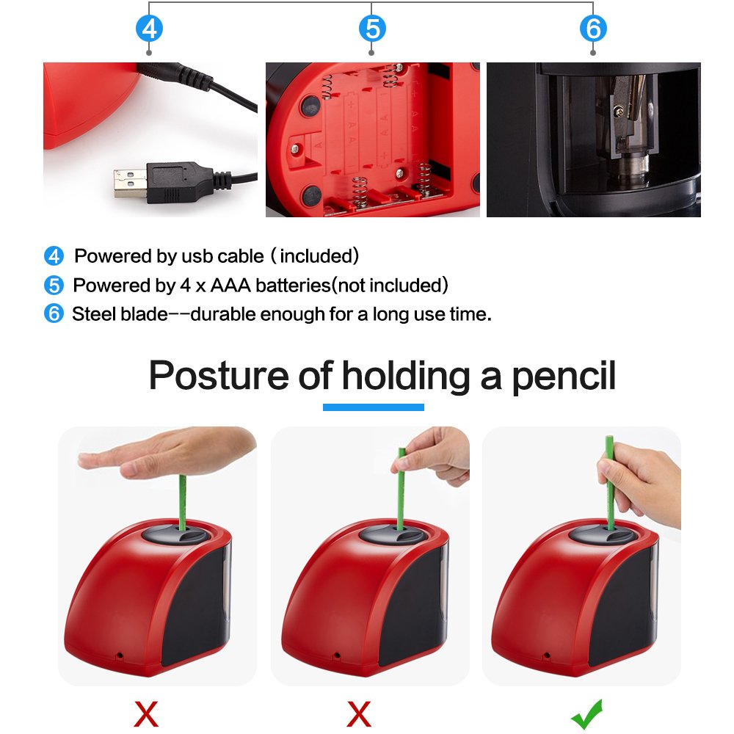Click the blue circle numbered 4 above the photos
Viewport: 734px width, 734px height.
pyautogui.click(x=150, y=29)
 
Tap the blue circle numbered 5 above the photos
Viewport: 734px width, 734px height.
pyautogui.click(x=372, y=29)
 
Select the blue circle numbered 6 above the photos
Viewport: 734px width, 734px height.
pyautogui.click(x=593, y=29)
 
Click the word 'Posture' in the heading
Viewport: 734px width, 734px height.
pyautogui.click(x=218, y=375)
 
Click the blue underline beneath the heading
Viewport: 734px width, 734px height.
pyautogui.click(x=373, y=407)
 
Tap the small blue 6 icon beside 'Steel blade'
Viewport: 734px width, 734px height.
pyautogui.click(x=54, y=314)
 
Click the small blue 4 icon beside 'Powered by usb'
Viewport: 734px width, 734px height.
pyautogui.click(x=54, y=256)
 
